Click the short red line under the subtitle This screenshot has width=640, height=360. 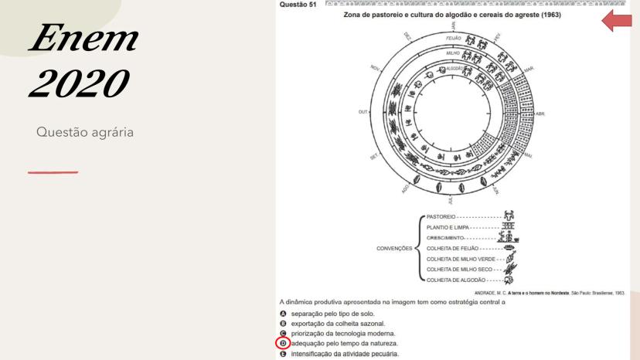tap(53, 172)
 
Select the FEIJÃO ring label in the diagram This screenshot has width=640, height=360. tap(453, 37)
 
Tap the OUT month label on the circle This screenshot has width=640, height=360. tap(364, 112)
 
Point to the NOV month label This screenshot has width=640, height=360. tap(376, 68)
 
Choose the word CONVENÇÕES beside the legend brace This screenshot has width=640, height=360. tap(395, 249)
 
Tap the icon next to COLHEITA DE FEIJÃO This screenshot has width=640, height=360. tap(509, 249)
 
